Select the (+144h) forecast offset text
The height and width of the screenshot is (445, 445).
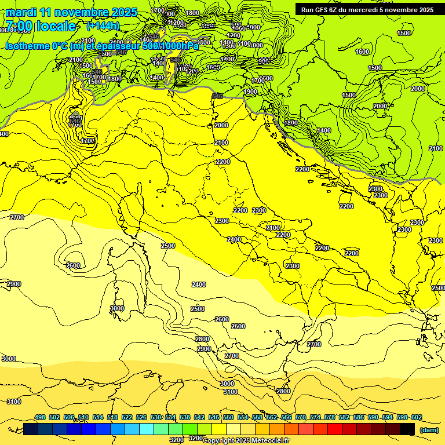pyautogui.click(x=103, y=25)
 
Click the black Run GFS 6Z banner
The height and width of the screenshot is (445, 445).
pyautogui.click(x=365, y=9)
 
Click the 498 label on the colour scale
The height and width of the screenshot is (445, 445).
pyautogui.click(x=40, y=418)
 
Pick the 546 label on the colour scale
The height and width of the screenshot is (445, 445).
pyautogui.click(x=214, y=418)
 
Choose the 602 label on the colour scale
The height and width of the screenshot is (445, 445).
pyautogui.click(x=417, y=418)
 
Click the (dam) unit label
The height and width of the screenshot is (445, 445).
pyautogui.click(x=429, y=430)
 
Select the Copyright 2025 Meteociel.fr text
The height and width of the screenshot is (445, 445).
pyautogui.click(x=246, y=440)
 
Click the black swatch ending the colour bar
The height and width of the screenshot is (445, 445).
pyautogui.click(x=407, y=429)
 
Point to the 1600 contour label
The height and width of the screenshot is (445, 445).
pyautogui.click(x=362, y=52)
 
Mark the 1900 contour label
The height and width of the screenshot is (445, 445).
pyautogui.click(x=250, y=92)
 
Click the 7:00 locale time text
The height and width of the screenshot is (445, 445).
pyautogui.click(x=41, y=25)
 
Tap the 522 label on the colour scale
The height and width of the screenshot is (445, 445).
pyautogui.click(x=127, y=418)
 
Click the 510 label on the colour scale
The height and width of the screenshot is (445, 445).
pyautogui.click(x=83, y=418)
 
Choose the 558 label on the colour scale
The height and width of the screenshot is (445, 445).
pyautogui.click(x=257, y=418)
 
